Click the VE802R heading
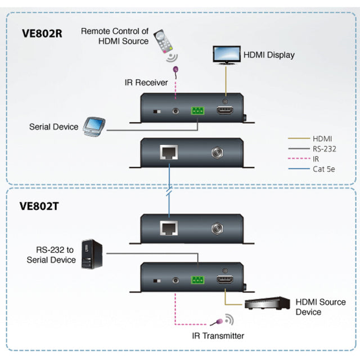pos(42,33)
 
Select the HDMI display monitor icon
pos(226,55)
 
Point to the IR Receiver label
pos(146,83)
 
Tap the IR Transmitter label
pos(217,336)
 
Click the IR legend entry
pos(317,159)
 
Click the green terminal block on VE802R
pos(198,111)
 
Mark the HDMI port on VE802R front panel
pos(225,111)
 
